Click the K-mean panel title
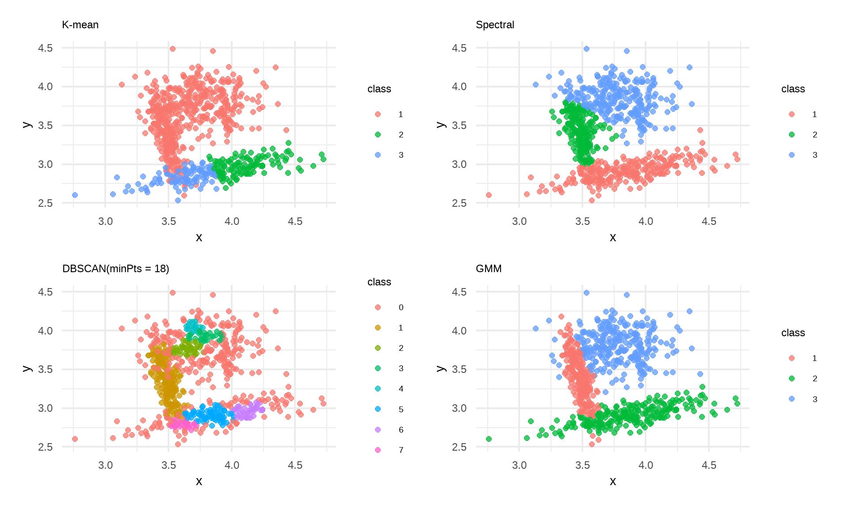[80, 25]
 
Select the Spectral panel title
[495, 25]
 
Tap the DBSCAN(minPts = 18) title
[116, 269]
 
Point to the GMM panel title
[489, 269]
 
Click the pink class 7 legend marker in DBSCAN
[378, 450]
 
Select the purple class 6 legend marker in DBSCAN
[378, 429]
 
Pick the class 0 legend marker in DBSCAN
[378, 307]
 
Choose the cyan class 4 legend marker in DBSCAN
[378, 388]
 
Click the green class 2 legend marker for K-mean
[378, 134]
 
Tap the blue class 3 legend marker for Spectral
[792, 155]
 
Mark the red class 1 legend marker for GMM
[792, 358]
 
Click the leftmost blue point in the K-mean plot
[75, 195]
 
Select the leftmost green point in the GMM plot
[489, 439]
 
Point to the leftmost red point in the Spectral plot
[489, 195]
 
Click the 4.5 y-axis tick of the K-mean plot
[45, 48]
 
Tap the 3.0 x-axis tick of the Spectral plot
[519, 221]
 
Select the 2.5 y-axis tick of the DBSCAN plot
[45, 447]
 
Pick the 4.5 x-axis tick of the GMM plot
[709, 465]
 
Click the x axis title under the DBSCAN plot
[199, 481]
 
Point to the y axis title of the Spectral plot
[440, 125]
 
